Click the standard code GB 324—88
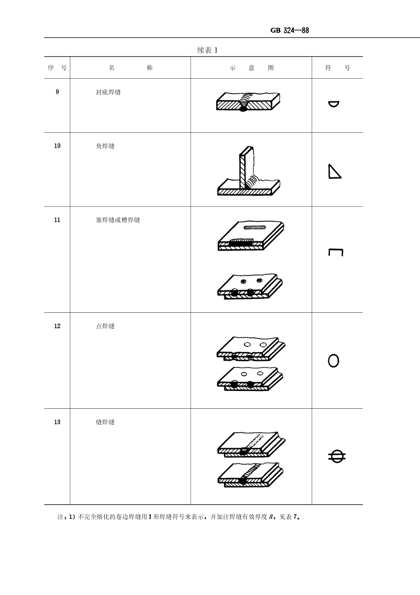[289, 31]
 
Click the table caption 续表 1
[207, 50]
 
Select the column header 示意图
[252, 68]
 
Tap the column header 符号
[337, 68]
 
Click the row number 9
[57, 92]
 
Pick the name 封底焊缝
[108, 92]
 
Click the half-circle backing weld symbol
[334, 104]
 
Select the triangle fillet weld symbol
[334, 172]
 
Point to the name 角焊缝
[105, 146]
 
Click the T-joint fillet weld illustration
[248, 173]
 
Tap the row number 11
[57, 220]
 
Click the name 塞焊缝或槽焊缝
[118, 220]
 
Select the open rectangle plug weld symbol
[336, 253]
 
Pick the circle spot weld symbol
[333, 361]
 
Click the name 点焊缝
[105, 326]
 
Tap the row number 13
[57, 422]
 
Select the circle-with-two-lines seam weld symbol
[336, 456]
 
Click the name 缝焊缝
[105, 422]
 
